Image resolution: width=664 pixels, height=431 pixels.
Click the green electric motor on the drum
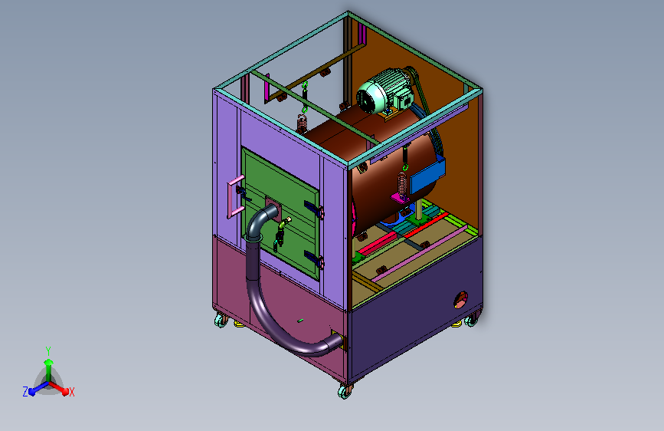[x=384, y=90]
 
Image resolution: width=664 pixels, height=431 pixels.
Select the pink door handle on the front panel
[x=234, y=196]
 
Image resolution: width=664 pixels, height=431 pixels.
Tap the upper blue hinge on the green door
[x=314, y=209]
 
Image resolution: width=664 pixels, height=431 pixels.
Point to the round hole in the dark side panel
[x=461, y=300]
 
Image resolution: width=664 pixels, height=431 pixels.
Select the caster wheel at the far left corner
[x=221, y=321]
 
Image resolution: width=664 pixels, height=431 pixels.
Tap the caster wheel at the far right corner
[x=471, y=321]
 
